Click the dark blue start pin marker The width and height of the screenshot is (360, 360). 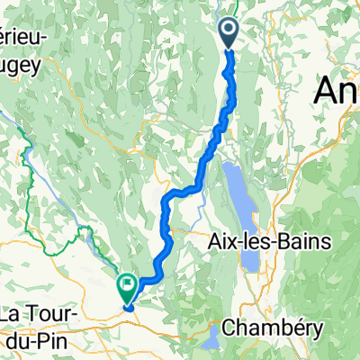[x=228, y=34]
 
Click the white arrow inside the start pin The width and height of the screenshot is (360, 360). [x=228, y=31]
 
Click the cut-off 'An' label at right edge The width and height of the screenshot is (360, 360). [x=337, y=90]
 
